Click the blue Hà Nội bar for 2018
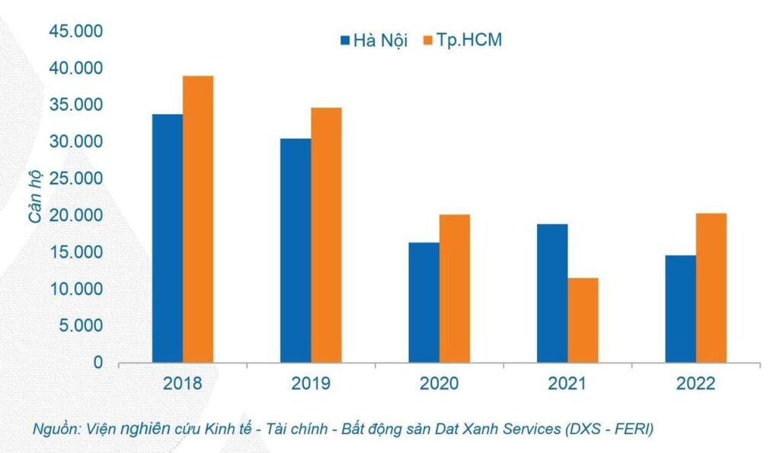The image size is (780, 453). pyautogui.click(x=168, y=238)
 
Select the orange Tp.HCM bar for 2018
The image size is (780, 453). pyautogui.click(x=198, y=219)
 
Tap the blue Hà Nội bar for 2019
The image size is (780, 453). pyautogui.click(x=296, y=250)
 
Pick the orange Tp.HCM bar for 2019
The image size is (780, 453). pyautogui.click(x=326, y=235)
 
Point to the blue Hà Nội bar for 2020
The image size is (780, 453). pyautogui.click(x=424, y=302)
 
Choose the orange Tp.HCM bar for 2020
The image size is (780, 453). pyautogui.click(x=454, y=288)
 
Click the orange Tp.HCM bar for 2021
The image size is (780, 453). pyautogui.click(x=583, y=320)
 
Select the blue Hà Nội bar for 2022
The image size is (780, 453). pyautogui.click(x=680, y=309)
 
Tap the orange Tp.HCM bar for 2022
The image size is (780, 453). pyautogui.click(x=711, y=288)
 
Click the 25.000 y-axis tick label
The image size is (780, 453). pyautogui.click(x=76, y=178)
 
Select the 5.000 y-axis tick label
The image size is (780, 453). pyautogui.click(x=80, y=326)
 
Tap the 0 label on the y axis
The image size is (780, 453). pyautogui.click(x=98, y=363)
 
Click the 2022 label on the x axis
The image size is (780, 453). pyautogui.click(x=695, y=383)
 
